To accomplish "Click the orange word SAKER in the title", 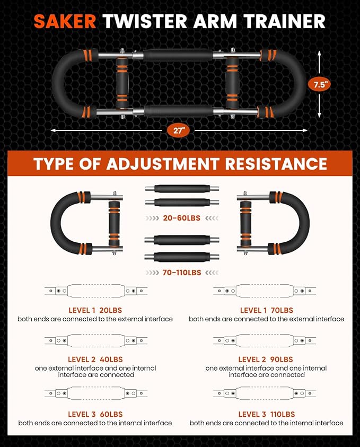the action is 65,21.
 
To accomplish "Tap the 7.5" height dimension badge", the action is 319,85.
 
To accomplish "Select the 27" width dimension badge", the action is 178,130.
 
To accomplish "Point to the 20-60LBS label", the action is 181,218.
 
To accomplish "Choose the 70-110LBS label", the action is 181,273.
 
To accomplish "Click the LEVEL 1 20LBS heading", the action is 95,310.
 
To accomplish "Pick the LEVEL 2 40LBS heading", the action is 95,360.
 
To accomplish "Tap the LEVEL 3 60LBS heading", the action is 95,414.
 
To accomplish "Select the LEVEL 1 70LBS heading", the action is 267,310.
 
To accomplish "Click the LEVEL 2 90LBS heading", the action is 266,360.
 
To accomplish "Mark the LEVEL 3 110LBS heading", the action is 267,414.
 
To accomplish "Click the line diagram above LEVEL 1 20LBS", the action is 96,291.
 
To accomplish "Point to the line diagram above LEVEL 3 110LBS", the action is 265,393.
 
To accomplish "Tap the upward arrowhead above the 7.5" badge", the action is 319,54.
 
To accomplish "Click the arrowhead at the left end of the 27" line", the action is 54,130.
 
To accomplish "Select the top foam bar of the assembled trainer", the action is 178,55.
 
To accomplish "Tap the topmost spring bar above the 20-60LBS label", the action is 182,189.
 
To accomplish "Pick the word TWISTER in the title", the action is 145,21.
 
